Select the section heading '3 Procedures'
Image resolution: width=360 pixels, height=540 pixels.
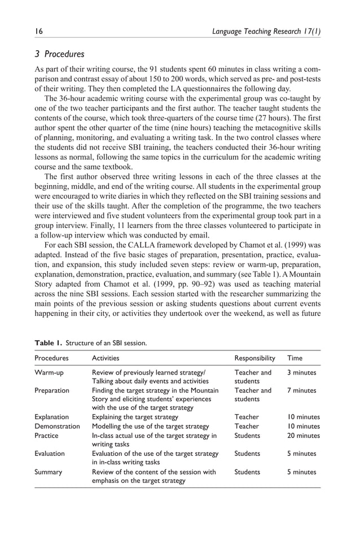click(x=59, y=55)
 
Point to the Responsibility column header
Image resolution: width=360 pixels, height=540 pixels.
click(x=254, y=358)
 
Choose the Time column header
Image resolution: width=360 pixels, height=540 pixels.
click(x=295, y=358)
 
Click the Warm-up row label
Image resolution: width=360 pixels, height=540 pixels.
click(x=49, y=373)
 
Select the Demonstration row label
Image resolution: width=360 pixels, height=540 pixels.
click(x=57, y=426)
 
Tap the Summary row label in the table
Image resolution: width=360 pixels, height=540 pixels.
click(x=48, y=472)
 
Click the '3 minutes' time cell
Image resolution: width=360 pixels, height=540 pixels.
click(x=302, y=373)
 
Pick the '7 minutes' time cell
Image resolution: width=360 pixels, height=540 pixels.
click(x=302, y=390)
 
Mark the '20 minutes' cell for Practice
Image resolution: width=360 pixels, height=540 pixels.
click(x=304, y=436)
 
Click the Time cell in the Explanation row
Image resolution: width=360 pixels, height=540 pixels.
click(x=304, y=417)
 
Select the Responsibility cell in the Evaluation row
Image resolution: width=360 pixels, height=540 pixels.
click(x=247, y=454)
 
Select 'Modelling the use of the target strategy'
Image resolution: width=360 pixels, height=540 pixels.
click(x=150, y=426)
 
